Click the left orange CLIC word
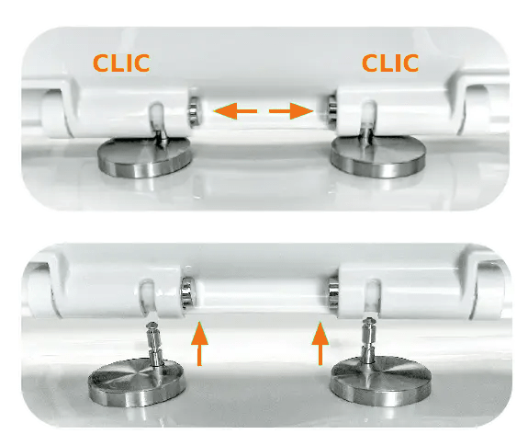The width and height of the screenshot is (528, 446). tap(121, 63)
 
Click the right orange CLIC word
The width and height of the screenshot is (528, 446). tap(390, 63)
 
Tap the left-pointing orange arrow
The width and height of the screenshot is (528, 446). tap(235, 111)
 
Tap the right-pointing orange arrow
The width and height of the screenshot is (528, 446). tap(291, 111)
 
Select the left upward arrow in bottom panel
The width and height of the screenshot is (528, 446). tap(199, 344)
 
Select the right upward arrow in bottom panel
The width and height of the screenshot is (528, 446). tap(320, 344)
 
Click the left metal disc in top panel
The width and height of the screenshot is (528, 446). tap(145, 157)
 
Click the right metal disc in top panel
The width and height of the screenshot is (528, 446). tap(378, 157)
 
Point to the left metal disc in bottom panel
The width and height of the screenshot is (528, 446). tap(137, 383)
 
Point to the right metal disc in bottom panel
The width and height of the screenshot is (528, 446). tap(380, 381)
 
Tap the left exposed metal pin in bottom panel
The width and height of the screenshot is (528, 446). tap(154, 343)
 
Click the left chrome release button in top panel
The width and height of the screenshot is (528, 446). tap(193, 111)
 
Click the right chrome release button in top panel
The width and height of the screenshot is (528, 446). tap(331, 112)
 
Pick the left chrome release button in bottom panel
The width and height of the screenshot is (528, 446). tap(186, 292)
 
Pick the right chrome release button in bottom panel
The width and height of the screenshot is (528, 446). tap(333, 292)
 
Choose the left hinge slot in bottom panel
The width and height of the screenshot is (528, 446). tap(147, 298)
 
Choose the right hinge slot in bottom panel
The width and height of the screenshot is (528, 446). tap(373, 298)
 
